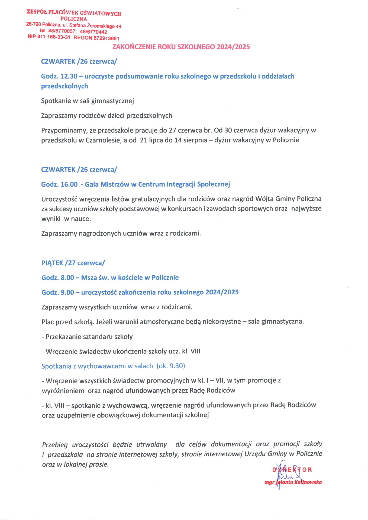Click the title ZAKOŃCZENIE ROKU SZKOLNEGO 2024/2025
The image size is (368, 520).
[x=181, y=47]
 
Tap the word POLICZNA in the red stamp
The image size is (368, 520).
[x=74, y=19]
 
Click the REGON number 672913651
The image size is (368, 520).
[x=106, y=38]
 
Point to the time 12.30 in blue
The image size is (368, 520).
[x=69, y=76]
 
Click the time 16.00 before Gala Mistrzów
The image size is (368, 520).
[x=69, y=184]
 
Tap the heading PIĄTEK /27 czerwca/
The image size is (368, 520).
[x=73, y=263]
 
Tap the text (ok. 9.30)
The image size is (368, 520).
[x=171, y=366]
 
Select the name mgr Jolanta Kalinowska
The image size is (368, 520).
[x=293, y=482]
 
